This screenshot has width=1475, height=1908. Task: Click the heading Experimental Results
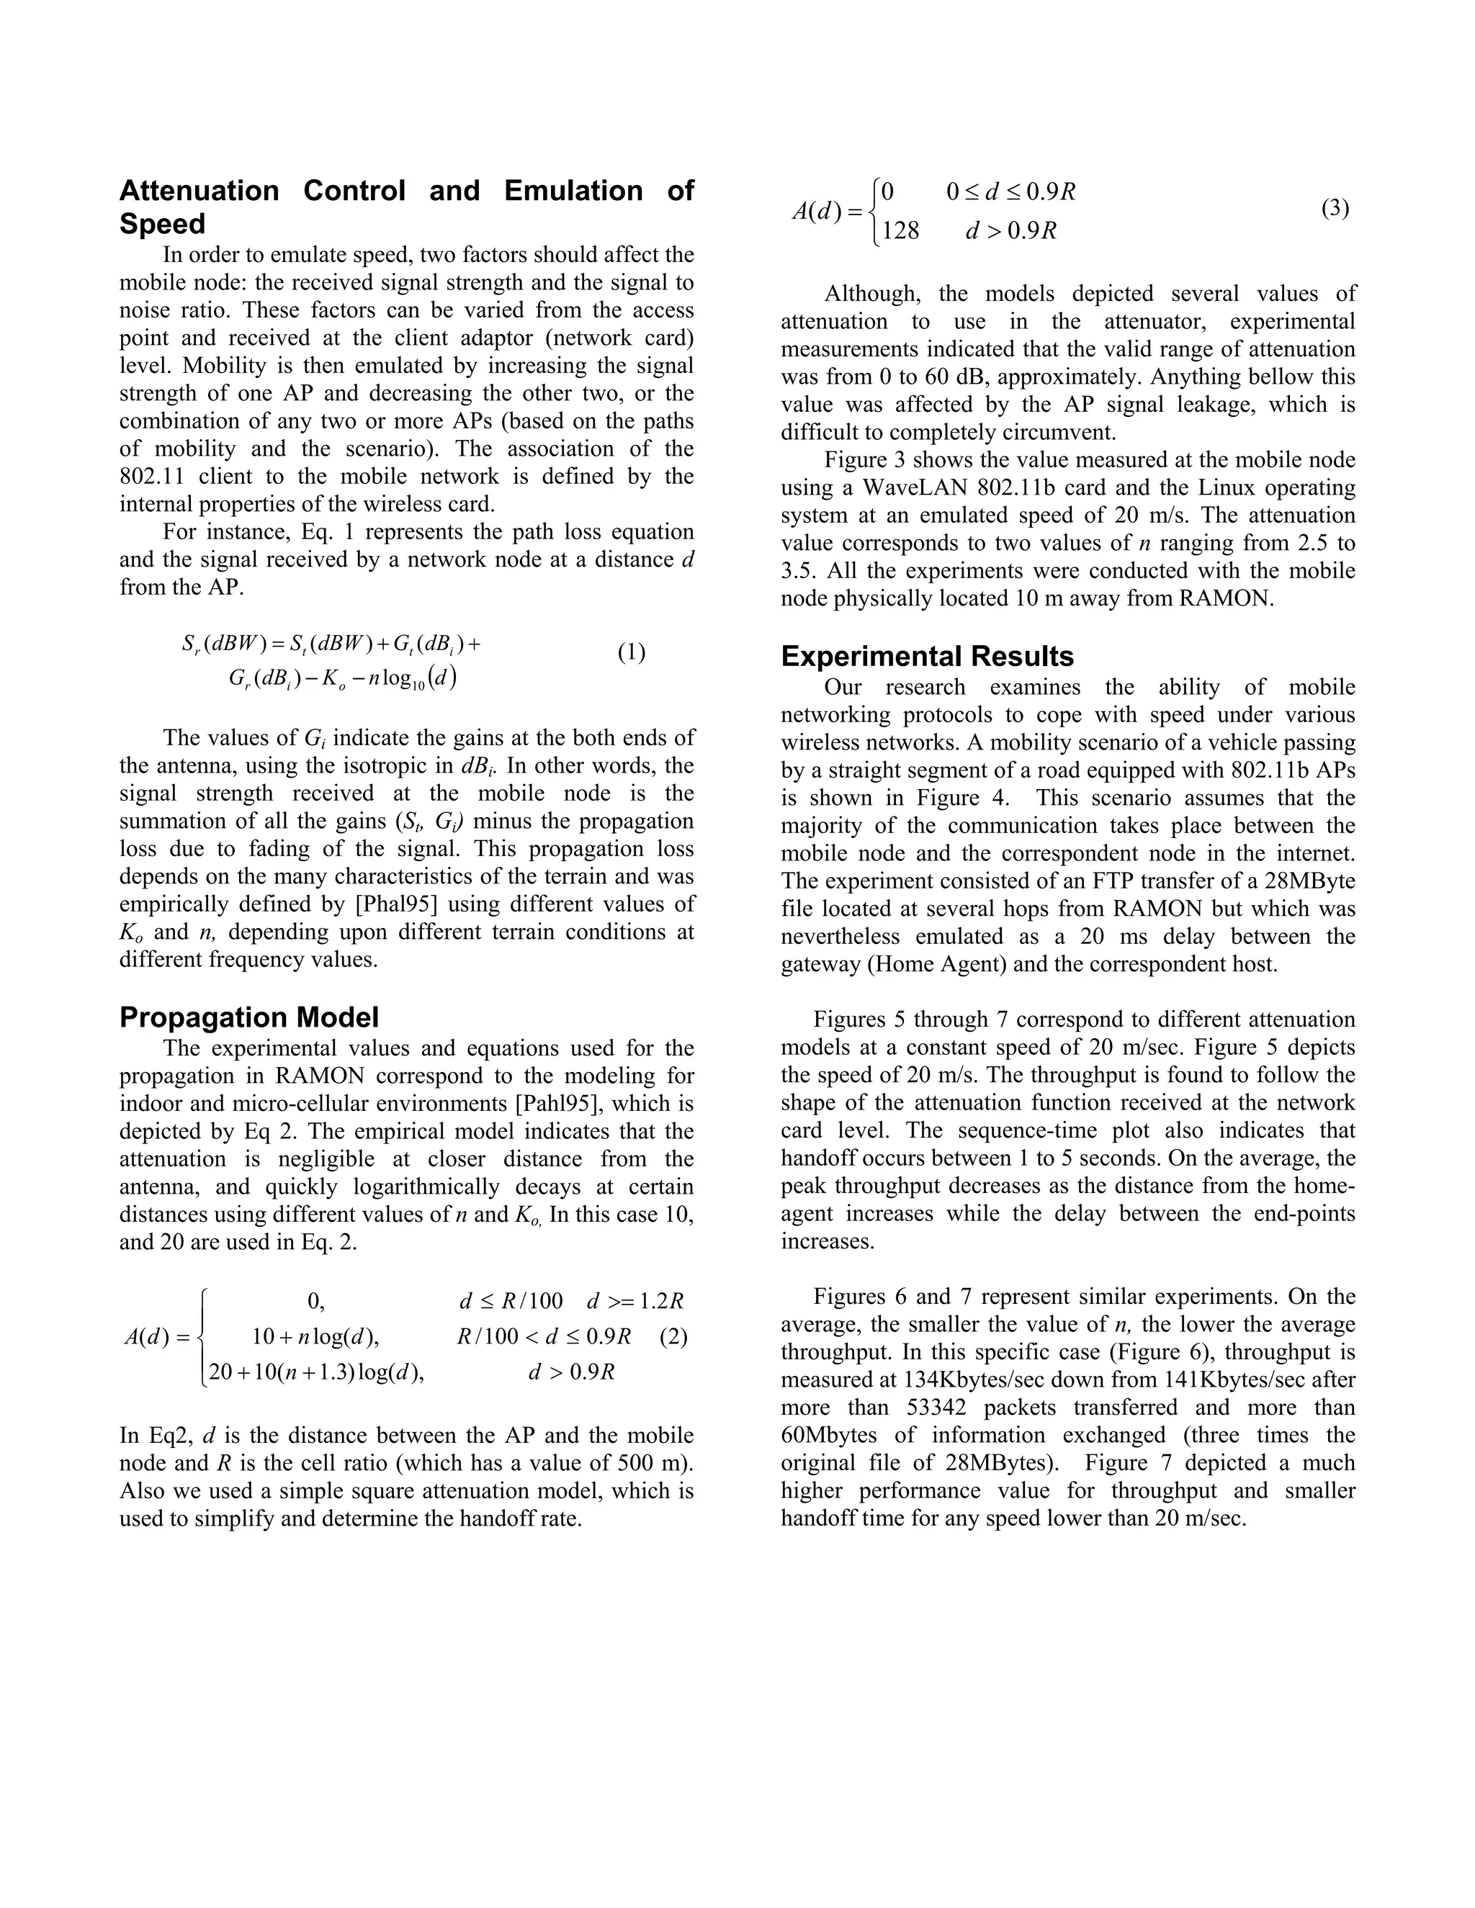[927, 656]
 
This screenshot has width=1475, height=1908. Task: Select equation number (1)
[632, 652]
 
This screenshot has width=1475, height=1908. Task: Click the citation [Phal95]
[402, 904]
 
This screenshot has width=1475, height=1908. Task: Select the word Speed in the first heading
[163, 225]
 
